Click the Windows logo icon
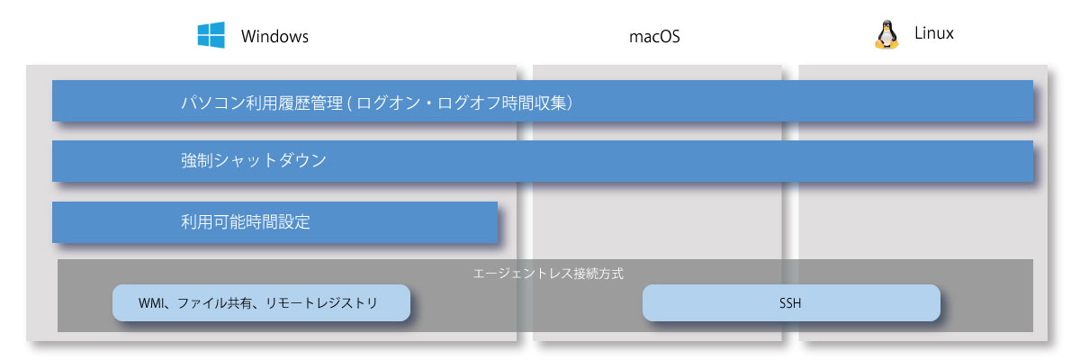[211, 35]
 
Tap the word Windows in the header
[274, 37]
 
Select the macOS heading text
[654, 37]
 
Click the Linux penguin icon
[886, 35]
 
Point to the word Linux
[934, 33]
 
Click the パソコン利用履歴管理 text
[262, 103]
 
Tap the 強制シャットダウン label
[254, 160]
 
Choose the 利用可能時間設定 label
[246, 221]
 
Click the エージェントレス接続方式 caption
[548, 274]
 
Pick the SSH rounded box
[791, 302]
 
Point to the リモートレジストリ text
[321, 303]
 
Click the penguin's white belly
[886, 37]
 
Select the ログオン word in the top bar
[382, 103]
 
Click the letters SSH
[790, 303]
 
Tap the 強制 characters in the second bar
[197, 160]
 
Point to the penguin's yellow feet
[886, 46]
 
